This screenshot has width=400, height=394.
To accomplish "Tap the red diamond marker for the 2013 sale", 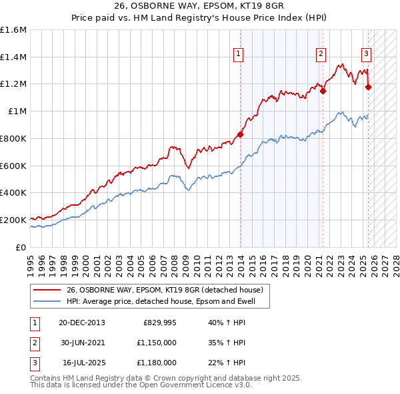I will click(x=241, y=134).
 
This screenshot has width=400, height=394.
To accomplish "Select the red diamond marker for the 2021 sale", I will click(x=323, y=91).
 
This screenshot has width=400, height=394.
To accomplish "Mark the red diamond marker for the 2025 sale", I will click(x=369, y=86).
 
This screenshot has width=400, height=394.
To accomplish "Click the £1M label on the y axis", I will click(x=17, y=112).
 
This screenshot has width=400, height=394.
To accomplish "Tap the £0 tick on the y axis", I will click(x=22, y=247).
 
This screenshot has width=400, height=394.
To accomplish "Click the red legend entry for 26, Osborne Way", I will click(x=165, y=290).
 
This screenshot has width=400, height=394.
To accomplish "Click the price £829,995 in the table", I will click(x=159, y=323).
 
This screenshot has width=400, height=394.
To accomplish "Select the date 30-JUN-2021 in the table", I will click(x=81, y=343).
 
